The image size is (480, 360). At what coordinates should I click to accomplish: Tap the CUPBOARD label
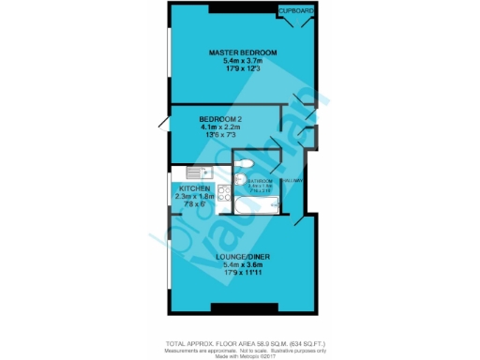pos(296,9)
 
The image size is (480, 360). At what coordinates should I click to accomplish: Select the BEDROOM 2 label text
pos(221,120)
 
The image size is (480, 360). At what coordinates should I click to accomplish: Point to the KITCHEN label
pos(195,188)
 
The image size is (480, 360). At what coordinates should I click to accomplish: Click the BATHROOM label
pos(260,180)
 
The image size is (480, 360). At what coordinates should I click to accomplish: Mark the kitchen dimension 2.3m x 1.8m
pos(195,196)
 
